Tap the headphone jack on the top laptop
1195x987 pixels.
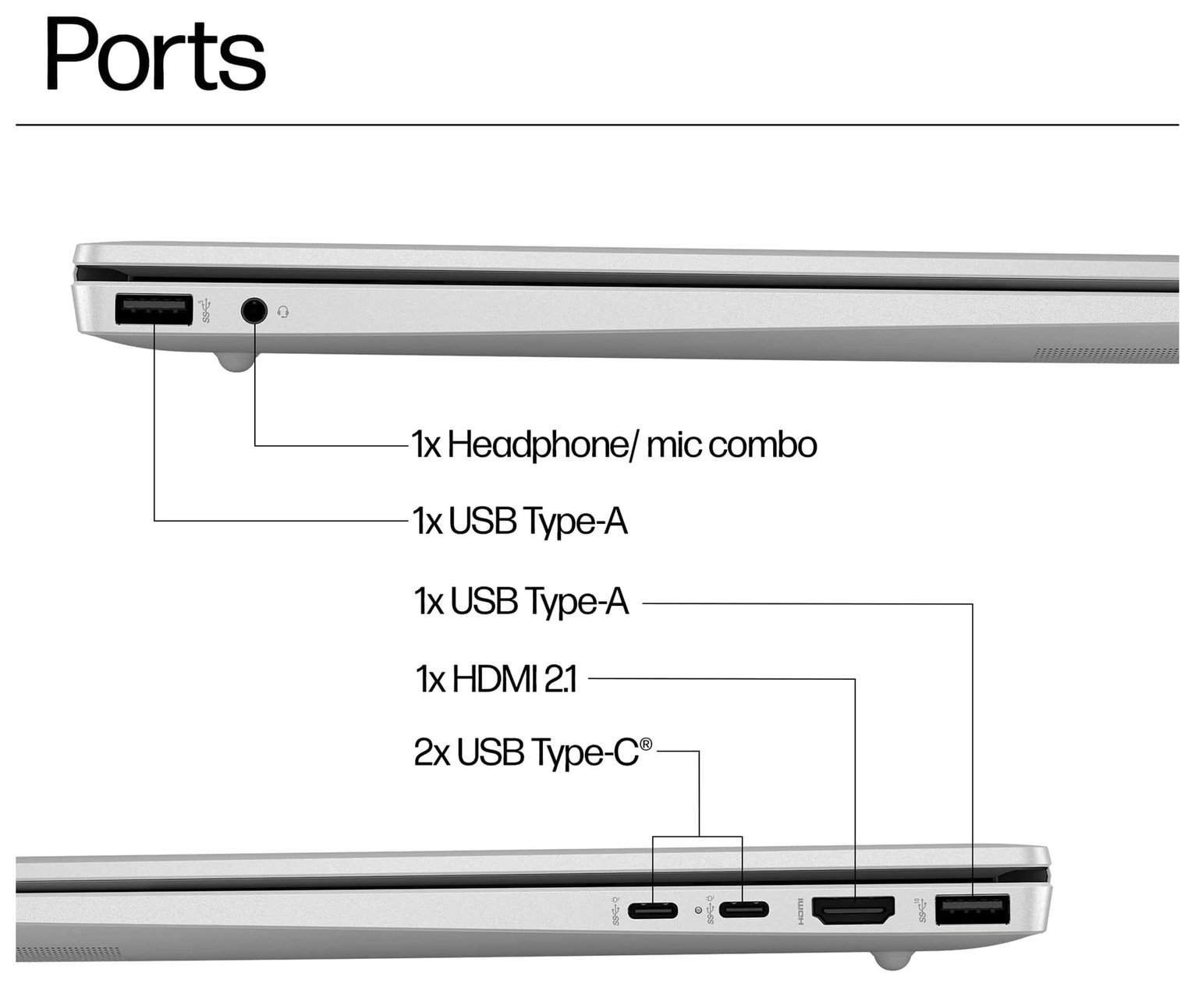[254, 311]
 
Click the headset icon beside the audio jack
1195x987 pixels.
[283, 312]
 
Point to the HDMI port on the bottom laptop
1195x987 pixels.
[853, 911]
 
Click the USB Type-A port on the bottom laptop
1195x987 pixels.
[972, 910]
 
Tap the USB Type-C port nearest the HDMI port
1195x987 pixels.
[743, 909]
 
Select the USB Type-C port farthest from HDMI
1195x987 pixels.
[653, 909]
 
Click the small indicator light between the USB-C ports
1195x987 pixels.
[697, 910]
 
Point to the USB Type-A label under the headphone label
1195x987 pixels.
[519, 521]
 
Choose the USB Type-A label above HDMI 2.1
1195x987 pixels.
[520, 602]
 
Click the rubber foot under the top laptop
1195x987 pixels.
[235, 362]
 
